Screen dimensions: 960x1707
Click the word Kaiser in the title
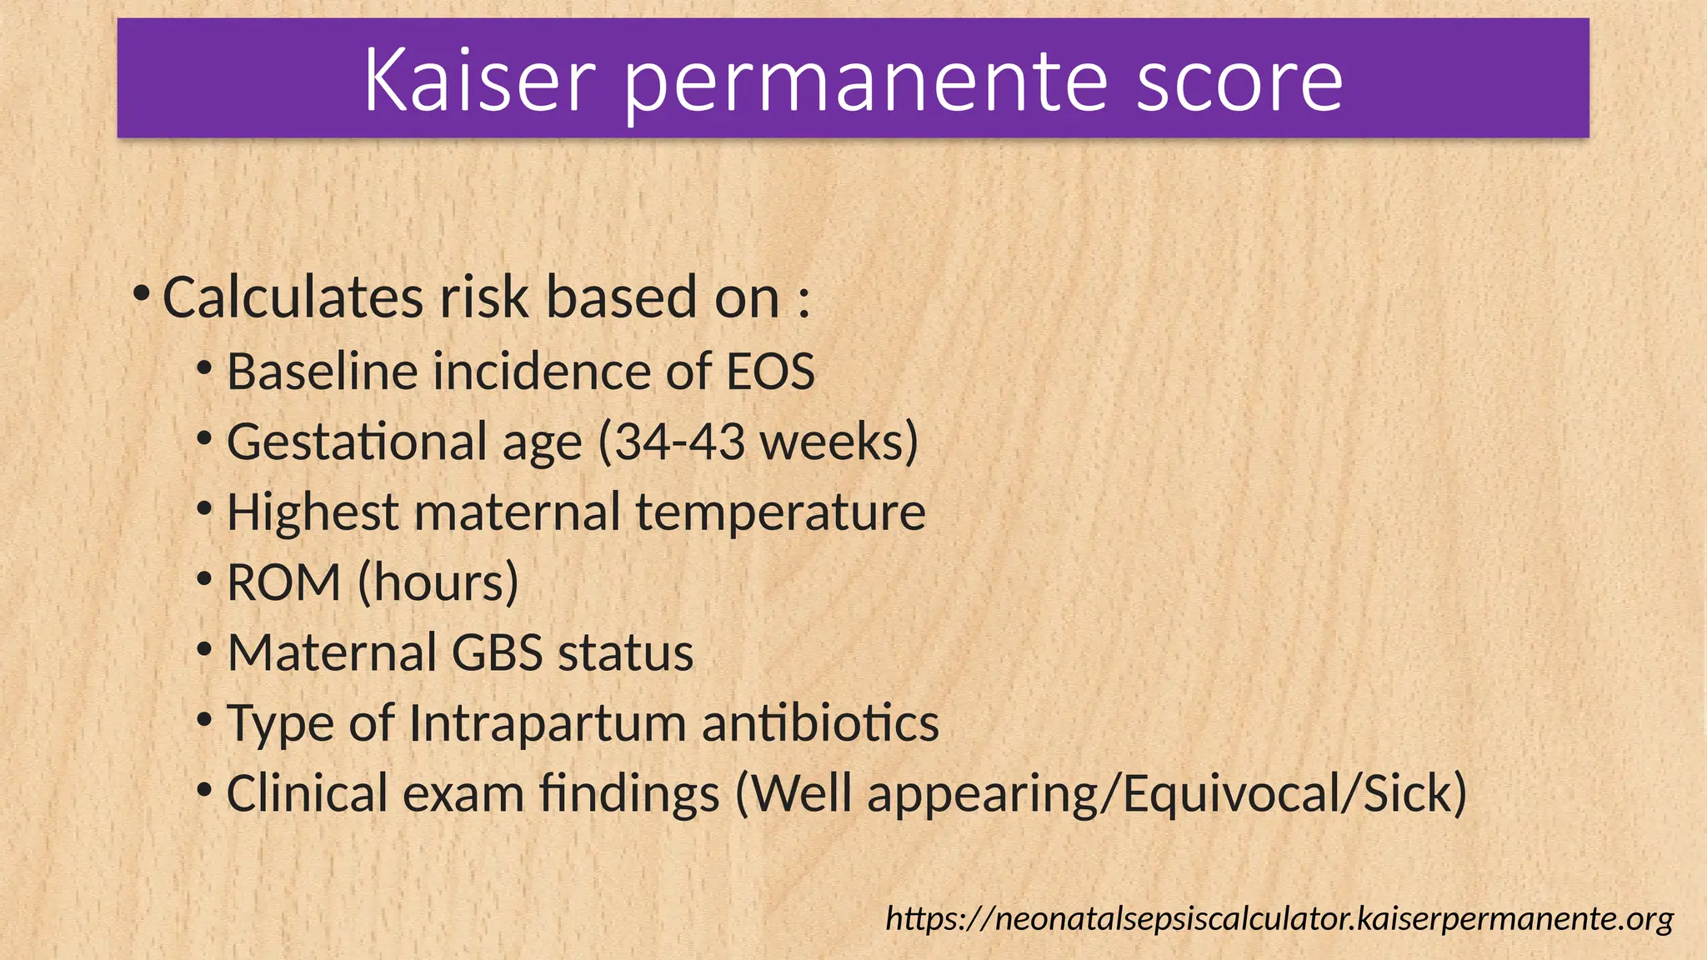pos(479,80)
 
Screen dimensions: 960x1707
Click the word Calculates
pos(293,297)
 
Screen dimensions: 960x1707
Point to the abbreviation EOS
pos(770,372)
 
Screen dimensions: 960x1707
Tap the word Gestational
pos(357,442)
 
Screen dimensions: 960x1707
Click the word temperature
pos(780,512)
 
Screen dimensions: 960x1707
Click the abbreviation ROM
pos(283,582)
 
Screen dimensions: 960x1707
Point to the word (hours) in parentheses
pos(438,582)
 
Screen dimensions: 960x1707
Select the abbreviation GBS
pos(498,652)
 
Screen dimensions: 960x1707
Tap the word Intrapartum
pos(547,722)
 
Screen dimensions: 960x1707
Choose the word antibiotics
pos(820,722)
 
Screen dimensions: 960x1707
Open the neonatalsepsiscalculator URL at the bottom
pos(1279,918)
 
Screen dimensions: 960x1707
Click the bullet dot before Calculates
pos(142,293)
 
